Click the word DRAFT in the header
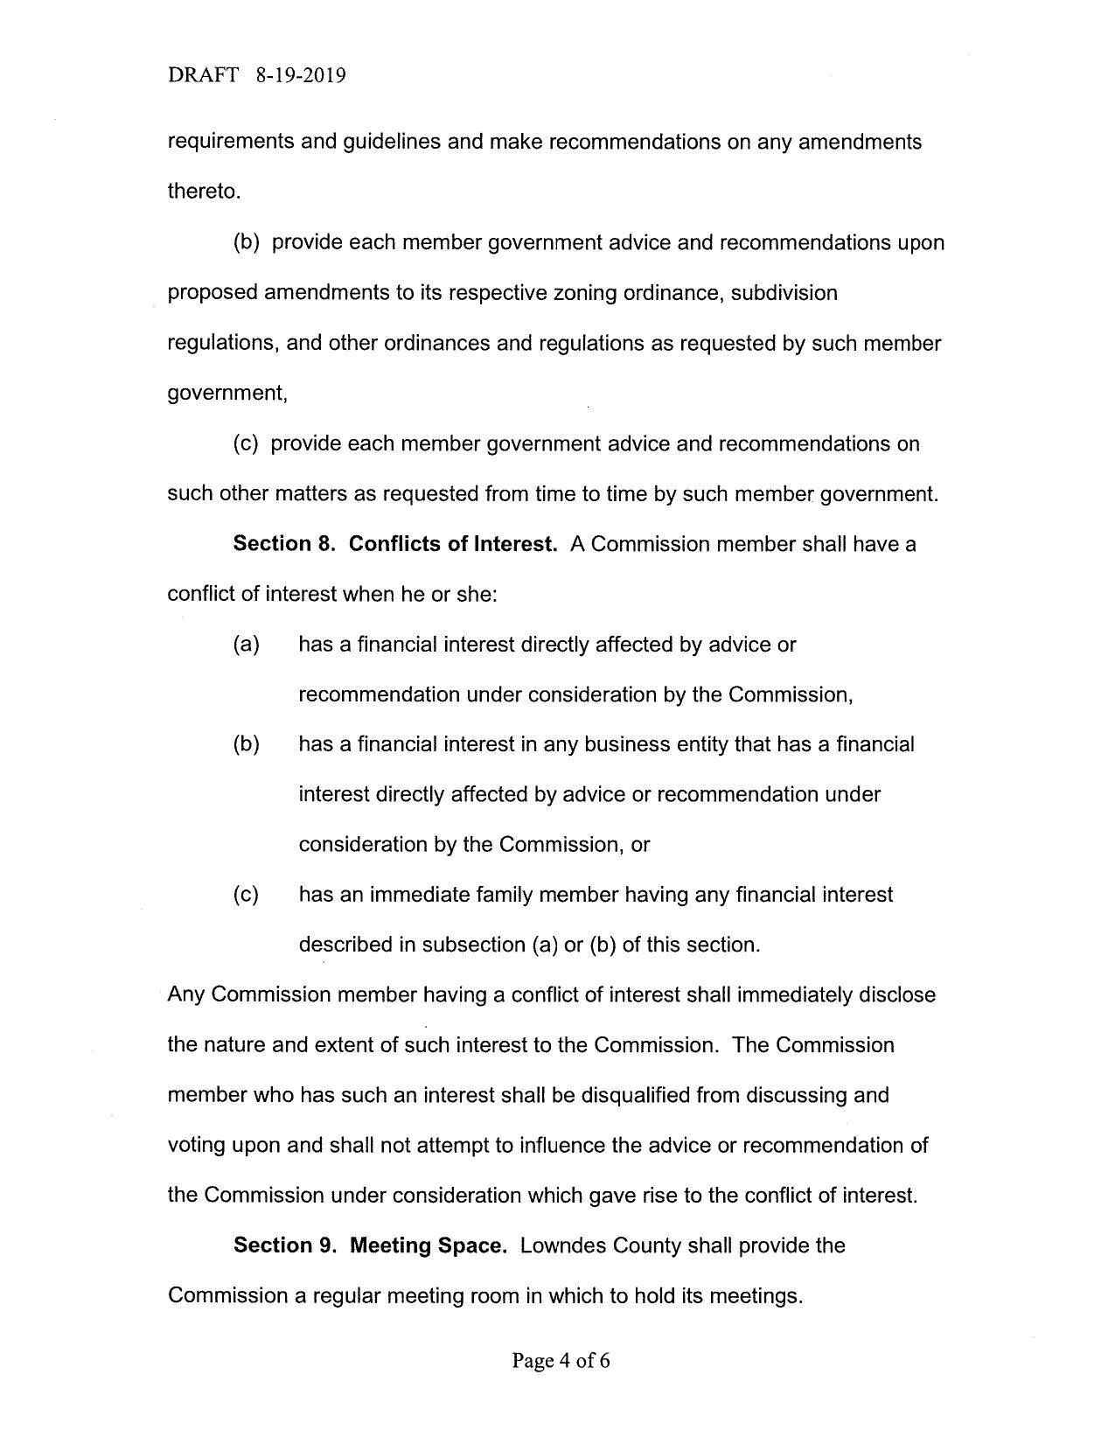coord(202,75)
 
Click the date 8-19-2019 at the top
coord(301,75)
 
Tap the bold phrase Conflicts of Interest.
coord(453,544)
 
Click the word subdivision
coord(784,292)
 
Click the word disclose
coord(898,994)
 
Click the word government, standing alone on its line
coord(227,394)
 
